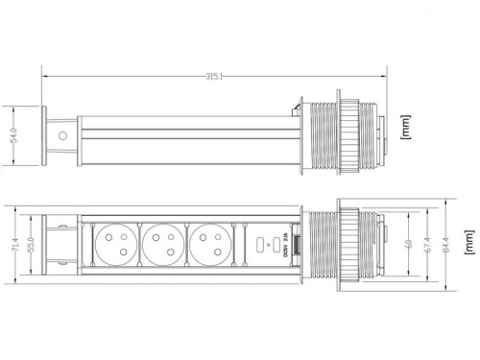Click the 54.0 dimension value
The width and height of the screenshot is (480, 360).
tap(13, 136)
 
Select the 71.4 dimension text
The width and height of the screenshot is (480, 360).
tap(13, 247)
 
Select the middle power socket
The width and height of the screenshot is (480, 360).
tap(163, 246)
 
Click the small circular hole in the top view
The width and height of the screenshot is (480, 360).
tap(63, 136)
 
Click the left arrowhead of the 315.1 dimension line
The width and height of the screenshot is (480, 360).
tap(45, 78)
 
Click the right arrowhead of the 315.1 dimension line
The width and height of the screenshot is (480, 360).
tap(385, 78)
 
